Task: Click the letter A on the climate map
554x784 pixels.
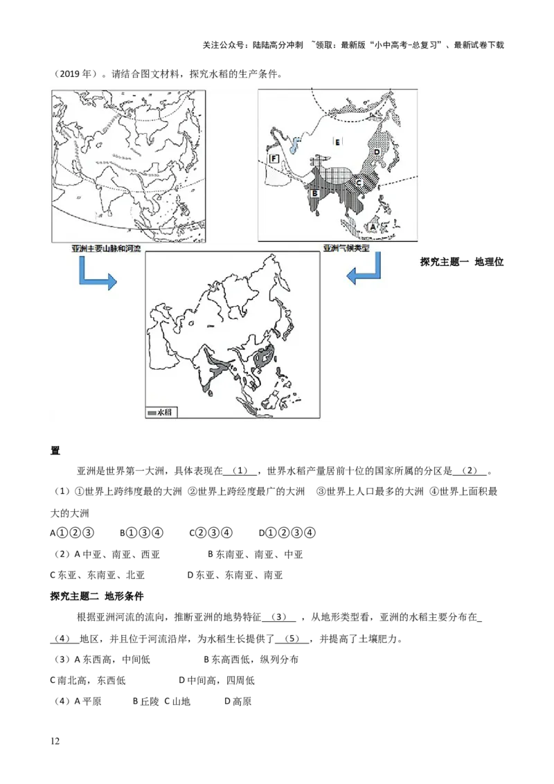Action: (372, 225)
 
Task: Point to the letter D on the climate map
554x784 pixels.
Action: (377, 151)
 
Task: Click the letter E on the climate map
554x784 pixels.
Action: (337, 142)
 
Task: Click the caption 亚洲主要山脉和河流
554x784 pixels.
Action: (105, 248)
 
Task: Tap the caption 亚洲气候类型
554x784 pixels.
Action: (346, 247)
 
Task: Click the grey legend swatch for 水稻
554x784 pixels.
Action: (152, 412)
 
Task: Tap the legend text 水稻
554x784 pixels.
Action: (163, 412)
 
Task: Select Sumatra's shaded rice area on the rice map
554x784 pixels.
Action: (244, 404)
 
